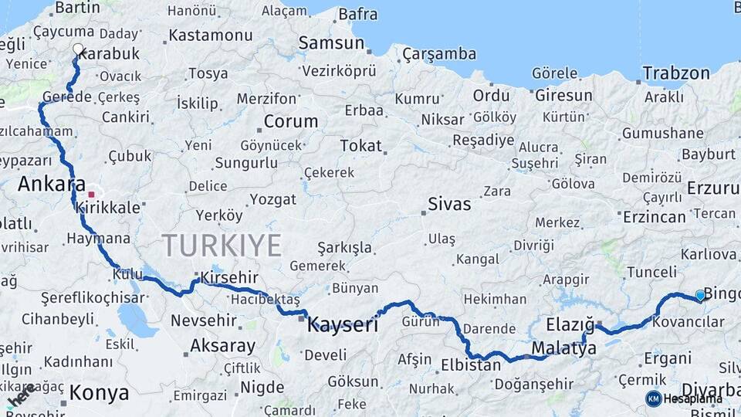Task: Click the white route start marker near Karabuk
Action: point(77,49)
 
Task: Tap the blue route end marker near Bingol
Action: point(700,295)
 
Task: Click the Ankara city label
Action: point(51,185)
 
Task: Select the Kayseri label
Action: point(343,325)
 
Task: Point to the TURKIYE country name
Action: point(222,246)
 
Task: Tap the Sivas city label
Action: point(450,205)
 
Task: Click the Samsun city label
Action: point(331,42)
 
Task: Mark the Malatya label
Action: point(564,348)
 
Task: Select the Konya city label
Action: point(99,393)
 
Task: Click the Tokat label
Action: point(361,145)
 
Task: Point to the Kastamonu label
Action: point(210,35)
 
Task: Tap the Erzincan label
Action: point(655,217)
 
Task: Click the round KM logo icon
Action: point(654,398)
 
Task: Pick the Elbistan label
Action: point(471,365)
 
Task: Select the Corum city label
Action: point(290,121)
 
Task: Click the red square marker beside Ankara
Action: point(91,195)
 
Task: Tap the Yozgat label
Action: point(272,199)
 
